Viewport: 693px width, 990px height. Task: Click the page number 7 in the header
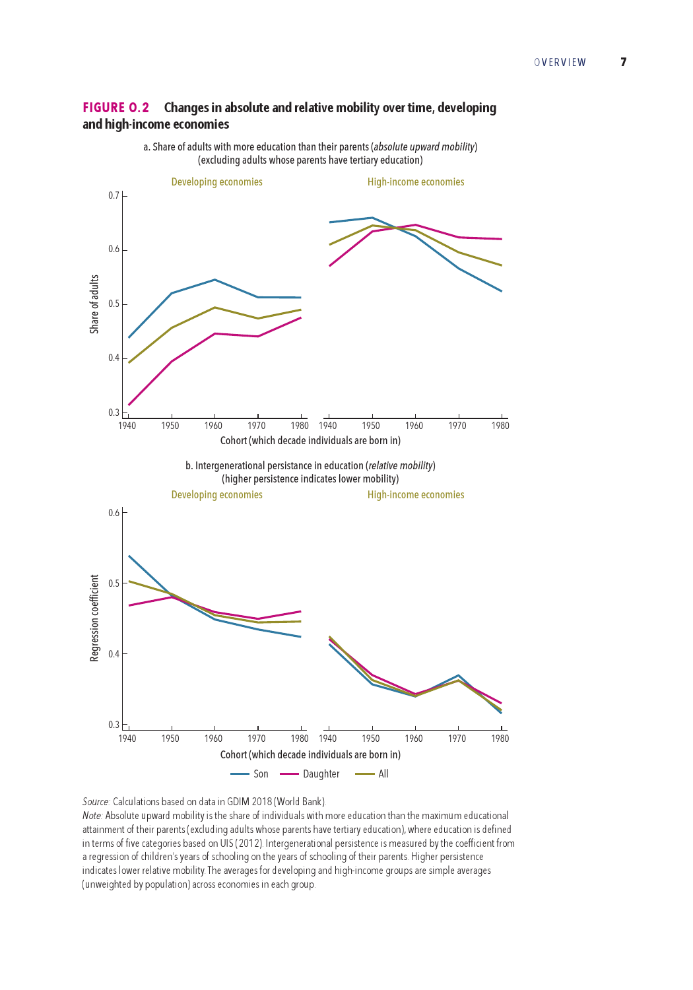[x=623, y=62]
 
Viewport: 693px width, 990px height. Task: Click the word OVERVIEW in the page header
[x=560, y=62]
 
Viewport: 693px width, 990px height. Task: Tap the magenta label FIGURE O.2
[x=115, y=108]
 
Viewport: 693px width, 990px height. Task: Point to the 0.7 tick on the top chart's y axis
[x=114, y=195]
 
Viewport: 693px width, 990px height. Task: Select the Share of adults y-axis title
[x=94, y=304]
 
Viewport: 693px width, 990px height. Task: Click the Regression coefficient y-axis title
[x=94, y=618]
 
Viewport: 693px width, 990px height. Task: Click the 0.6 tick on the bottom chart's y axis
[x=114, y=513]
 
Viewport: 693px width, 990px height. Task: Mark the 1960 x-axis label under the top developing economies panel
[x=213, y=426]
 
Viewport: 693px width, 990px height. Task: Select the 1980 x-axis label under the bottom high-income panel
[x=500, y=738]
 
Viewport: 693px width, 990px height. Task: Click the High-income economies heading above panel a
[x=416, y=182]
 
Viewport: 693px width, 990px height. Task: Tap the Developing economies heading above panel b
[x=216, y=494]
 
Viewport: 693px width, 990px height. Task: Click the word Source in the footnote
[x=96, y=802]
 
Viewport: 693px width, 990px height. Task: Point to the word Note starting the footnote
[x=92, y=815]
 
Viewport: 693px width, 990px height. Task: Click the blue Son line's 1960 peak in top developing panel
[x=214, y=279]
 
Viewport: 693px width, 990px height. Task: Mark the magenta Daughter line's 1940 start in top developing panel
[x=129, y=405]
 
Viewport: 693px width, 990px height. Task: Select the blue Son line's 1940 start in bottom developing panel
[x=129, y=556]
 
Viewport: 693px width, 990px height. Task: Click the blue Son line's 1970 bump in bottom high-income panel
[x=458, y=675]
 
